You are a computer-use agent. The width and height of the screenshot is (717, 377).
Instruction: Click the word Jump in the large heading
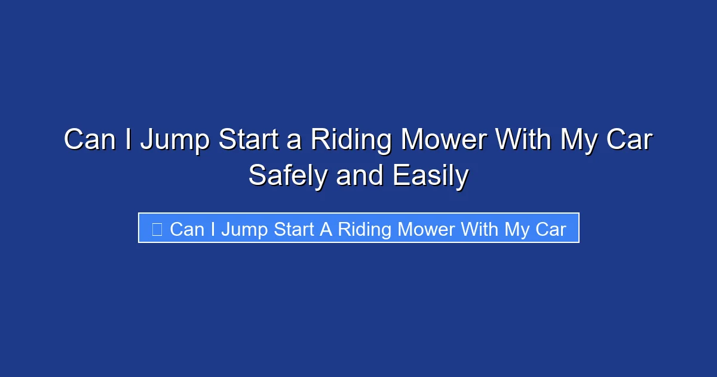point(174,141)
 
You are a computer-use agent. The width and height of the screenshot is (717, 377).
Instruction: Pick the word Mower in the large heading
point(442,141)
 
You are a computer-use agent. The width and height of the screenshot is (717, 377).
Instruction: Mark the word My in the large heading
point(579,141)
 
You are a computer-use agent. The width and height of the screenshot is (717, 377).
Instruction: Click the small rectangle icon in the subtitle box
point(157,229)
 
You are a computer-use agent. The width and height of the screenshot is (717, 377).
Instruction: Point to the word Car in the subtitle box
point(550,229)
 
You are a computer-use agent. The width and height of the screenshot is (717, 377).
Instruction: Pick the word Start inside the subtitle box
point(294,229)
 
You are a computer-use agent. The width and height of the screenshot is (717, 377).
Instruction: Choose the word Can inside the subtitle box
point(186,229)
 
